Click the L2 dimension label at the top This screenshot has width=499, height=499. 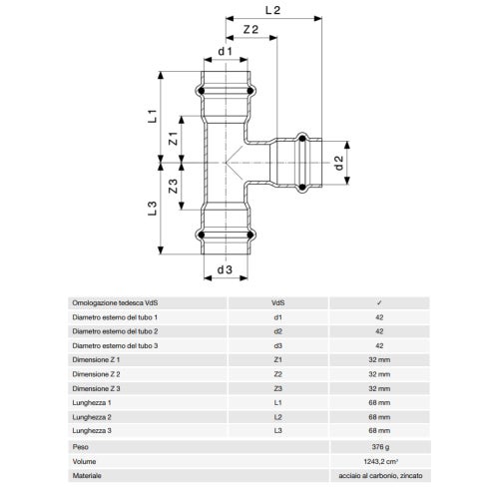[x=272, y=10]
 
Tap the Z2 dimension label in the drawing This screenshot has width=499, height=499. [x=250, y=30]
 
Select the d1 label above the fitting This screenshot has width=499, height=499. [x=226, y=51]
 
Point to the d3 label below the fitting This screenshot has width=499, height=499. [x=225, y=269]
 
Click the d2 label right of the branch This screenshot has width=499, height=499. [x=338, y=163]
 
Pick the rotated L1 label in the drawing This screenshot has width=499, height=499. [x=152, y=116]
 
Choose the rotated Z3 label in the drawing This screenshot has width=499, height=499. [x=173, y=187]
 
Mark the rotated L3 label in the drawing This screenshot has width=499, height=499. [x=152, y=209]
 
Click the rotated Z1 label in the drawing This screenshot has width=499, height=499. [x=173, y=139]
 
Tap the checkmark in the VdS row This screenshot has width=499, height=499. [x=379, y=303]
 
